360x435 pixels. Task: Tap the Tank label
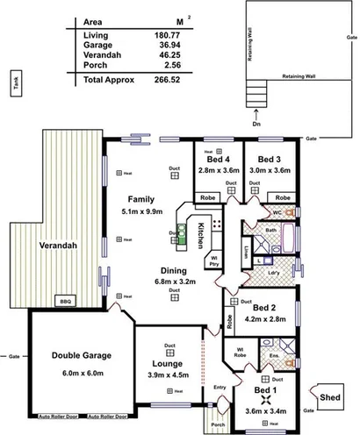[x=15, y=84]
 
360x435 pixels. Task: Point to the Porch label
[x=218, y=425]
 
